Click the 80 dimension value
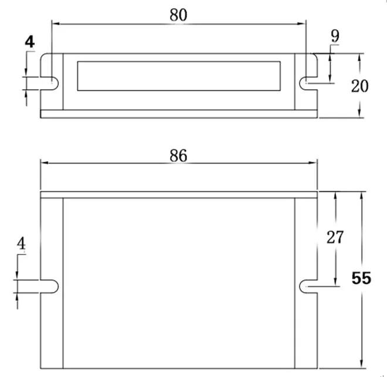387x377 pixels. click(x=178, y=15)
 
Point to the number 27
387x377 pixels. click(x=334, y=237)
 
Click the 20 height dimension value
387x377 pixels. click(x=359, y=86)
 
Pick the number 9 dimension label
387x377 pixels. click(x=334, y=36)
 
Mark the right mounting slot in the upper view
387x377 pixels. click(x=308, y=83)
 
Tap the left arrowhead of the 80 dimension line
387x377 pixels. click(x=56, y=24)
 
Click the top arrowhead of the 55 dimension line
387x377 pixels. click(x=361, y=195)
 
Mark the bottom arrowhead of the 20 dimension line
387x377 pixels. click(x=359, y=114)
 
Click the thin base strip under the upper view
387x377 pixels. click(x=179, y=114)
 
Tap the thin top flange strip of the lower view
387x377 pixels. click(x=179, y=194)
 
